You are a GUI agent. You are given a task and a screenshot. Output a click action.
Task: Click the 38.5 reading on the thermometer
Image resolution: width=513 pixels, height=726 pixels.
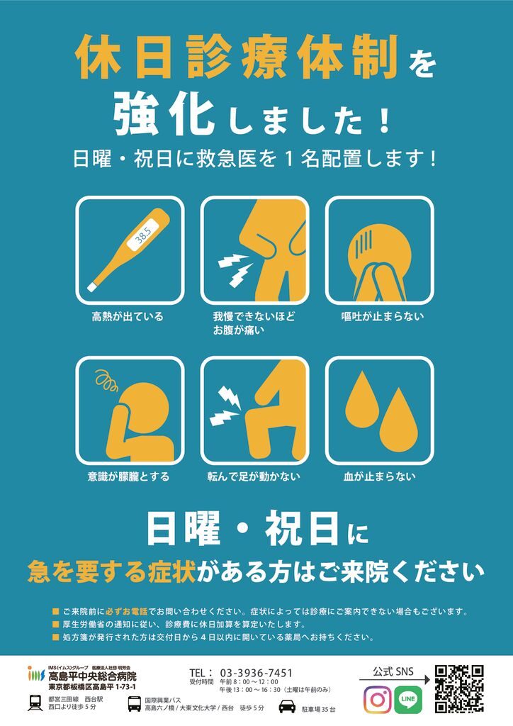[142, 235]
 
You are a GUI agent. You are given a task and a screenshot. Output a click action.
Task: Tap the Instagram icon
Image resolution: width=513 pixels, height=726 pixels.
[378, 699]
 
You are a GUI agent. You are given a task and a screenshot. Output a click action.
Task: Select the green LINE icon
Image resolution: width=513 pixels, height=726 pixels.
[408, 699]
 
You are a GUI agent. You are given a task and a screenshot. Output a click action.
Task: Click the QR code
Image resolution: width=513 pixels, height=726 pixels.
[459, 689]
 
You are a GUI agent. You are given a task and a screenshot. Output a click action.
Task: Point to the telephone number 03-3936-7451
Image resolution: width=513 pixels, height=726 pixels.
[256, 673]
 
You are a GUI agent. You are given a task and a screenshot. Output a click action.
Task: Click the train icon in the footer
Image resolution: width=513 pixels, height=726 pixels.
[35, 703]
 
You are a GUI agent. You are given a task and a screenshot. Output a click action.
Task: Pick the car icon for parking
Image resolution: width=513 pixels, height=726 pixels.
[287, 707]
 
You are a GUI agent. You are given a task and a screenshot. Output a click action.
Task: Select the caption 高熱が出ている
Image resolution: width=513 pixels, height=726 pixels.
[128, 317]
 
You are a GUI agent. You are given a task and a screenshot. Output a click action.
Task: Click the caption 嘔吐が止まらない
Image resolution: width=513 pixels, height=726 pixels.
[383, 317]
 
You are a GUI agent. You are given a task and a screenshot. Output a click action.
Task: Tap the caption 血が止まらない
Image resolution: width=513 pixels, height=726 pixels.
[379, 476]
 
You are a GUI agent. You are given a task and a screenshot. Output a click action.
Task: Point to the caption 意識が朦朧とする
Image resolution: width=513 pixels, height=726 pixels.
[128, 476]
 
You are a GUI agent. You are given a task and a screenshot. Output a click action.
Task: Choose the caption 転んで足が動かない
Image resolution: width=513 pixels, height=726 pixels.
[254, 476]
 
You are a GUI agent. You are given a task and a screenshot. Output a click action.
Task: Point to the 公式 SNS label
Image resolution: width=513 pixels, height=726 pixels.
[393, 671]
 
